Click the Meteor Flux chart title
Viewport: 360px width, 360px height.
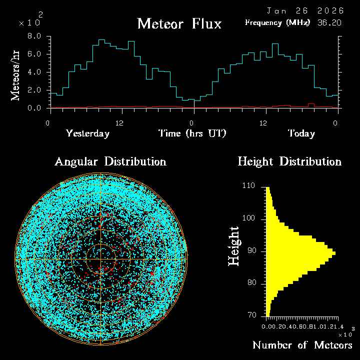(x=179, y=23)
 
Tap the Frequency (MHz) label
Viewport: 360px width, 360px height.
(x=277, y=22)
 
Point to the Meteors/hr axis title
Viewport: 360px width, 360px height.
(x=16, y=75)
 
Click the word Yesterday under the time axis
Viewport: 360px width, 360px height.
(x=87, y=133)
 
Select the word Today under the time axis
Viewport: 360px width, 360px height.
(x=301, y=133)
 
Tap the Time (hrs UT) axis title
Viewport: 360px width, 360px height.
(x=192, y=133)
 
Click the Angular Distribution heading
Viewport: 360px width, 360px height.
(x=110, y=161)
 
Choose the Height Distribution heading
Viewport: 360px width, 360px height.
(x=289, y=161)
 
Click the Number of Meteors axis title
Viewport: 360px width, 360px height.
(x=302, y=345)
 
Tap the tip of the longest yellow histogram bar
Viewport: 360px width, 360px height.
(x=335, y=253)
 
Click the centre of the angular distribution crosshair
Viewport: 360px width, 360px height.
(x=101, y=259)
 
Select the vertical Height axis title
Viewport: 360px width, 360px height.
(x=233, y=246)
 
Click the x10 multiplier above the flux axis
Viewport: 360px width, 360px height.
(x=28, y=23)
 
